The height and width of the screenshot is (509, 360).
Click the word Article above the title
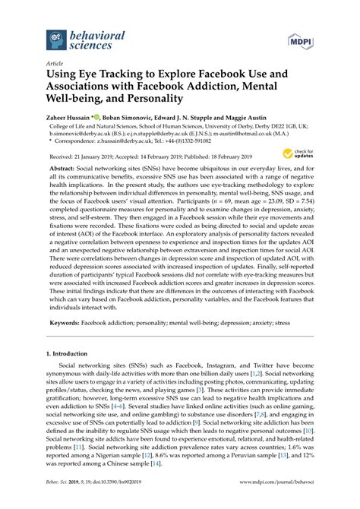pos(55,65)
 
